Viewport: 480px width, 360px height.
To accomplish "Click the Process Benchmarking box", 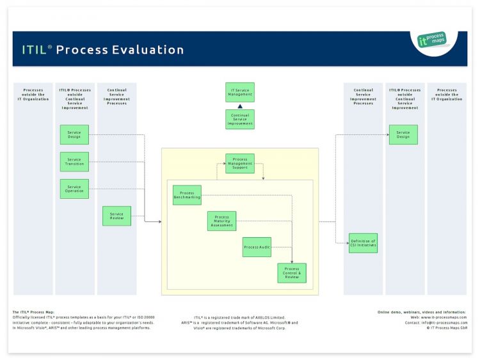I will pos(187,195).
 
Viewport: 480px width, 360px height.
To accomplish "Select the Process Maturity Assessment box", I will pos(221,221).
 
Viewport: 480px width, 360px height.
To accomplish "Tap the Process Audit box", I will pos(257,247).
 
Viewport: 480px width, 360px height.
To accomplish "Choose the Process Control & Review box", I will pos(291,273).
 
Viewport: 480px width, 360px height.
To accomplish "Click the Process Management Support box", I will pos(239,164).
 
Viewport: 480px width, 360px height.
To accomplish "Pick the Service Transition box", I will pos(74,162).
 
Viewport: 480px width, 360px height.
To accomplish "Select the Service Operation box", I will pos(74,189).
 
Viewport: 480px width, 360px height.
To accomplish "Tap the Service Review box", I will pos(116,215).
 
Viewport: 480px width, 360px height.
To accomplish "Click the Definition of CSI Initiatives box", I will pos(363,243).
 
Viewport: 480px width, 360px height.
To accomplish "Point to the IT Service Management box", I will pos(240,92).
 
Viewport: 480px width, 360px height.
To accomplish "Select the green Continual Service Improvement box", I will pos(240,120).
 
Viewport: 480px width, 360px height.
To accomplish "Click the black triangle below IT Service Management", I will pos(240,106).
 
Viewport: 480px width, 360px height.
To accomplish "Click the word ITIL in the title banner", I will pos(34,50).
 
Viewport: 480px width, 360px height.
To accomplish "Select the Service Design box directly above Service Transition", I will pos(74,134).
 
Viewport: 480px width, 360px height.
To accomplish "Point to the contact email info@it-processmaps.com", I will pos(444,323).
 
